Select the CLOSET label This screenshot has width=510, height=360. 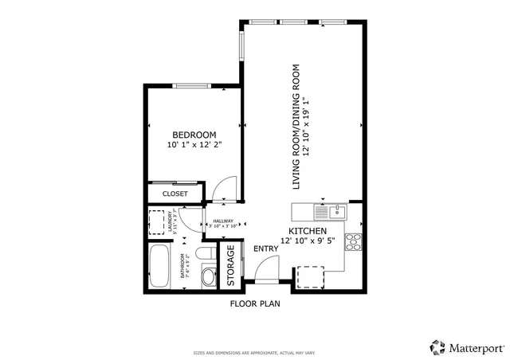(175, 194)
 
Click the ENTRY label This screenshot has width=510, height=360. (265, 249)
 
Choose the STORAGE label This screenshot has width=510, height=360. (230, 265)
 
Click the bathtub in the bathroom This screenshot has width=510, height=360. (159, 267)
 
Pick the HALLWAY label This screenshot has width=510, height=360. (222, 221)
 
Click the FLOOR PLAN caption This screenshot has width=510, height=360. (254, 304)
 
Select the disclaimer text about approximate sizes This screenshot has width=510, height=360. (254, 352)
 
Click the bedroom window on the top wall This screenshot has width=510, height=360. (191, 85)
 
